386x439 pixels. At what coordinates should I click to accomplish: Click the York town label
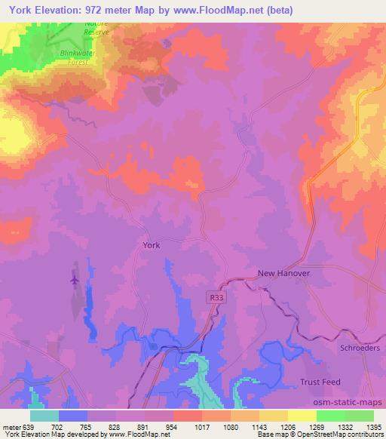click(x=151, y=245)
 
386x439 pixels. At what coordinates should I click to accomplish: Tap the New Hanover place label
click(x=283, y=274)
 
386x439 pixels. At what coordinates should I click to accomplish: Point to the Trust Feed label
click(x=322, y=382)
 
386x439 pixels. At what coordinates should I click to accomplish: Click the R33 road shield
click(x=216, y=299)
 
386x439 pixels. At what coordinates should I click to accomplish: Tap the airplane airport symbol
click(x=74, y=280)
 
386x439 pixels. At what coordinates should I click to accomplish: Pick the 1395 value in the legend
click(x=372, y=426)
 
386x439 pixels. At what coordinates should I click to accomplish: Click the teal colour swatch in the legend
click(x=44, y=416)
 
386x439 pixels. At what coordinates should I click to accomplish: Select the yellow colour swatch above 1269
click(x=302, y=416)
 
